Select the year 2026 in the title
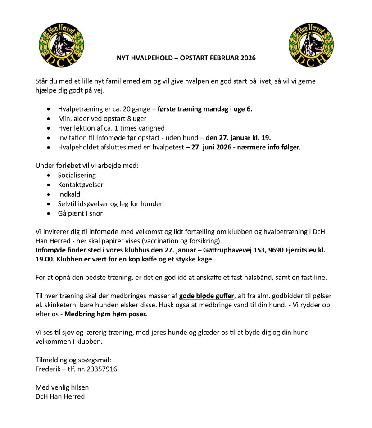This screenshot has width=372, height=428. click(x=247, y=59)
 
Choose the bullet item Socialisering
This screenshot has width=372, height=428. click(x=77, y=175)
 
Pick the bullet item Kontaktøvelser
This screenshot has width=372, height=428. click(x=81, y=185)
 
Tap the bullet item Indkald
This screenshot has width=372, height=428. click(x=69, y=194)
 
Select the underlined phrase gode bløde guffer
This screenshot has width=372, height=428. click(x=207, y=296)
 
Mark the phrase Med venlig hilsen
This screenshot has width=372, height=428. click(x=62, y=387)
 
